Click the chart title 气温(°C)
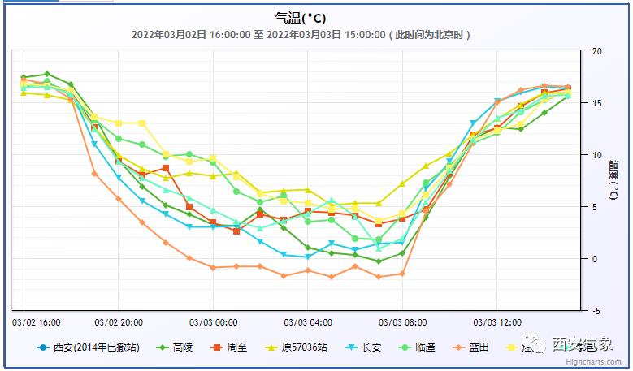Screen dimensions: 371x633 [x=301, y=17]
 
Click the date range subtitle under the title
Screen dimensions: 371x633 [x=301, y=34]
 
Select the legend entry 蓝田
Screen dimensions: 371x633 [x=478, y=347]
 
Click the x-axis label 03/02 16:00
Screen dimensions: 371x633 [x=37, y=321]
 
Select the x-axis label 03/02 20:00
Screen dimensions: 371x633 [x=119, y=321]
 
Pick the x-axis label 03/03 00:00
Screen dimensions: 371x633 [x=213, y=321]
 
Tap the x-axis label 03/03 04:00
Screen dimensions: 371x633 [x=307, y=321]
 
